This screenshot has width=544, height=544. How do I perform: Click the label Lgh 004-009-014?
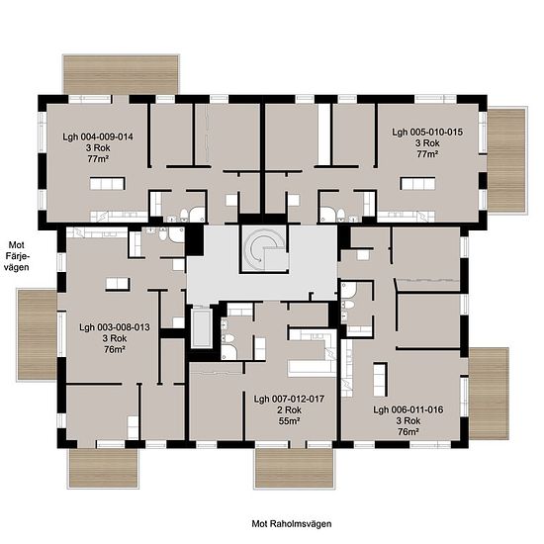(x=98, y=137)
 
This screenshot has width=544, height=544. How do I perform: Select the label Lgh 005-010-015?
(x=427, y=133)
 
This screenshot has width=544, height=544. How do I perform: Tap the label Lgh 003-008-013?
(x=115, y=327)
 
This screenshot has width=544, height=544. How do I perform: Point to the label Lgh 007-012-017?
(x=289, y=399)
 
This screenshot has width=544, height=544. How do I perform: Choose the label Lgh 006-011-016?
(x=408, y=409)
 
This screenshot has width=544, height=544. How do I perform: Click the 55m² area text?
(x=289, y=421)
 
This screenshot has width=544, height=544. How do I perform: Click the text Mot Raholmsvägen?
(x=292, y=523)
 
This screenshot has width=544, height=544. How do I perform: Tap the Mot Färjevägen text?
(x=16, y=256)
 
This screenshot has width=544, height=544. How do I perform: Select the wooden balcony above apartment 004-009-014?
(x=121, y=74)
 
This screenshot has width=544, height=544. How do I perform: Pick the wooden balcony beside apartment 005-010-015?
(x=506, y=160)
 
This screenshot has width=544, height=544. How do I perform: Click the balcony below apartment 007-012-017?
(x=294, y=469)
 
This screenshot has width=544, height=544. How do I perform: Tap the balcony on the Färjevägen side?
(x=37, y=334)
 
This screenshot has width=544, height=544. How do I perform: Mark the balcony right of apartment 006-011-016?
(x=489, y=393)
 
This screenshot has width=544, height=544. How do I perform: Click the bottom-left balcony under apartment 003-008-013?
(x=104, y=468)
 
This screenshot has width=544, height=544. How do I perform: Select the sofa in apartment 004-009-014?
(x=108, y=184)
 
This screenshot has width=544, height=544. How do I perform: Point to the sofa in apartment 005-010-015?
(x=417, y=184)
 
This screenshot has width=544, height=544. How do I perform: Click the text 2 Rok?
(x=289, y=410)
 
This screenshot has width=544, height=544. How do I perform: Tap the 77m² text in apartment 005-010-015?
(x=427, y=154)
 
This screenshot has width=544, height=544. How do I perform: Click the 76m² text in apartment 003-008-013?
(x=115, y=349)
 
